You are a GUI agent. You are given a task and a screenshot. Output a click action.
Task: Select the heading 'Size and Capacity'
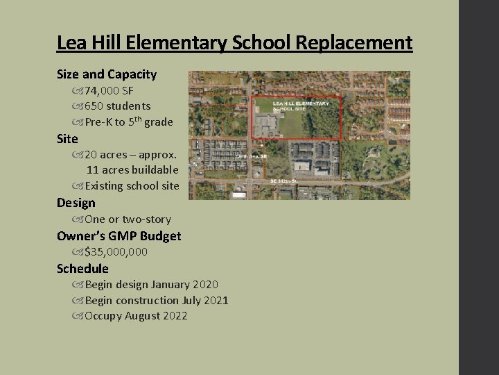(x=107, y=74)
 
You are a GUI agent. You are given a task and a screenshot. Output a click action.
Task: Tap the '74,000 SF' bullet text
(x=109, y=91)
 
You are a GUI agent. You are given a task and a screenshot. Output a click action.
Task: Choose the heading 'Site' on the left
(x=67, y=138)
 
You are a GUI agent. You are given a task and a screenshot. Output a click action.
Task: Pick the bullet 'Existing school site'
(x=131, y=185)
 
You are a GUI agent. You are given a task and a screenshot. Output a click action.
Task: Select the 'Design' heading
(x=76, y=203)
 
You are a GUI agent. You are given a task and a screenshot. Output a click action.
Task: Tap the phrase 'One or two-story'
(x=128, y=219)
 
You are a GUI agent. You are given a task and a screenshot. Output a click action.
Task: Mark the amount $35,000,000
(x=116, y=251)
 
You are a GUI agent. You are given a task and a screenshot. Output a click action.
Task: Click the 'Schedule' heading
(x=82, y=268)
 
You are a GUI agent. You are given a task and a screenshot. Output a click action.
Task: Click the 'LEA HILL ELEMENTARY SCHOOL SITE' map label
(x=301, y=105)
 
